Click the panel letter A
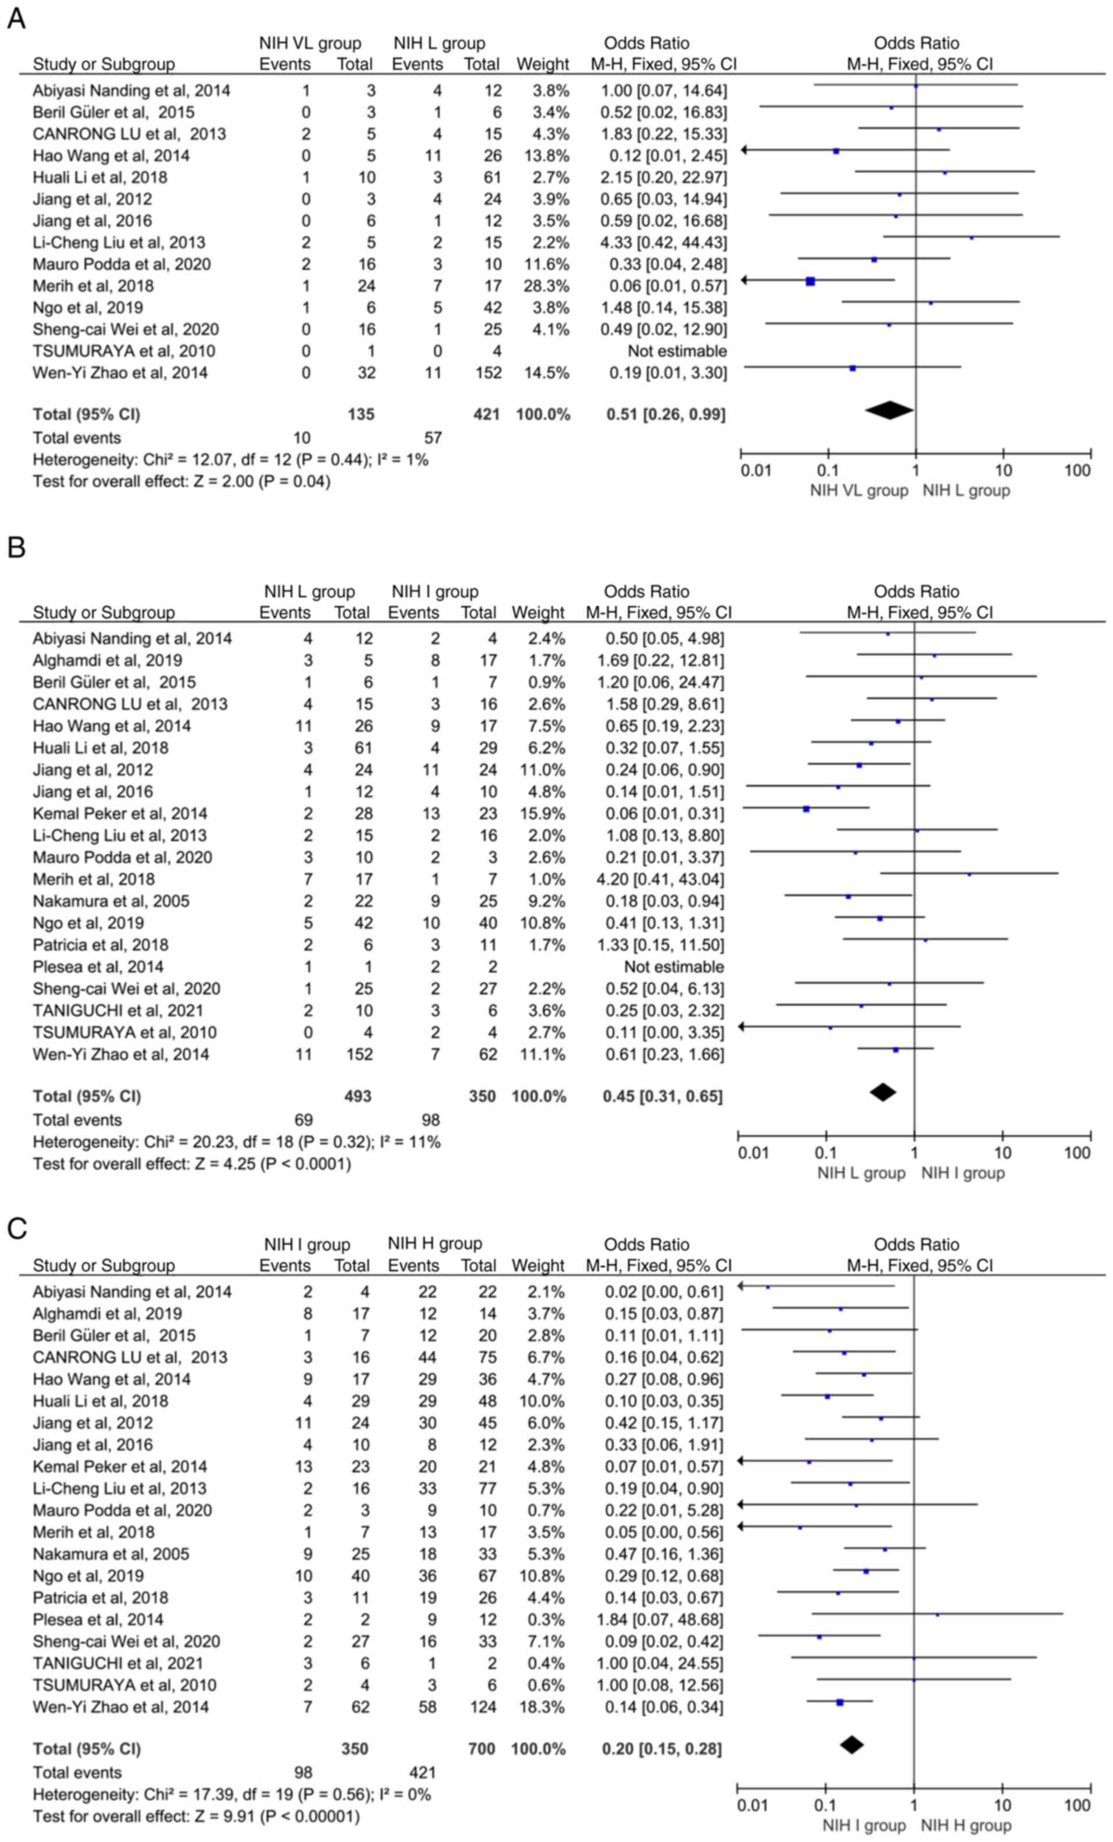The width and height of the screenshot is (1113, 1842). pos(16,17)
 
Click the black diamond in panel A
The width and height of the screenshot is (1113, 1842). pos(889,410)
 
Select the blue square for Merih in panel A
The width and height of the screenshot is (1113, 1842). pos(810,281)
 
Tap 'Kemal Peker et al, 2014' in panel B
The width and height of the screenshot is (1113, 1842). pos(120,813)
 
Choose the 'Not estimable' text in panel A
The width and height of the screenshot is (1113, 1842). pos(677,351)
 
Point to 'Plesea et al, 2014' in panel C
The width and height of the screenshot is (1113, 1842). pos(98,1619)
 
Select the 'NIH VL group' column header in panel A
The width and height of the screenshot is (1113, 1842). pos(310,44)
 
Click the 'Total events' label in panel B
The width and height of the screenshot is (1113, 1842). pos(77,1120)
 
